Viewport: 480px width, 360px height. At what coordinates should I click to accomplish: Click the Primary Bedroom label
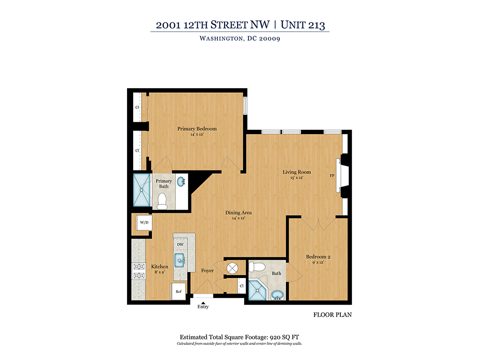pos(197,129)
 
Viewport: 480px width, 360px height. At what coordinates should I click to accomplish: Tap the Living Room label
pos(297,172)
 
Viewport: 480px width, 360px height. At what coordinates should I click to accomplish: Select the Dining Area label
pos(238,213)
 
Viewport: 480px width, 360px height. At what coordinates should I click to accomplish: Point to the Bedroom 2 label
pos(318,256)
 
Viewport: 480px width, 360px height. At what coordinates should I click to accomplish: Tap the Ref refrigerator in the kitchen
pos(178,291)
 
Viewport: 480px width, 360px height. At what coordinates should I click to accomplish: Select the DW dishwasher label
pos(180,245)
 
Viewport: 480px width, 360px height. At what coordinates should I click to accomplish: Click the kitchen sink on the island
pos(180,260)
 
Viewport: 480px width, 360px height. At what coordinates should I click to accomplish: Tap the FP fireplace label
pos(332,176)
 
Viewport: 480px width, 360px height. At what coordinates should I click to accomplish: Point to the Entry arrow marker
pos(202,302)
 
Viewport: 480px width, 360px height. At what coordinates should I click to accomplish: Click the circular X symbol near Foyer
pos(232,269)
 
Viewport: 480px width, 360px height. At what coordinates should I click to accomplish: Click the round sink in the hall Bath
pos(277,295)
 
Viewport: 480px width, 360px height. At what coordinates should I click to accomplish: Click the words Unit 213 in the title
pos(302,25)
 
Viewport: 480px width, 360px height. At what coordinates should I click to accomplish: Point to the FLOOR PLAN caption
pos(332,315)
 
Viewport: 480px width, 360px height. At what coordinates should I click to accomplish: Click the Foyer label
pos(208,270)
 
